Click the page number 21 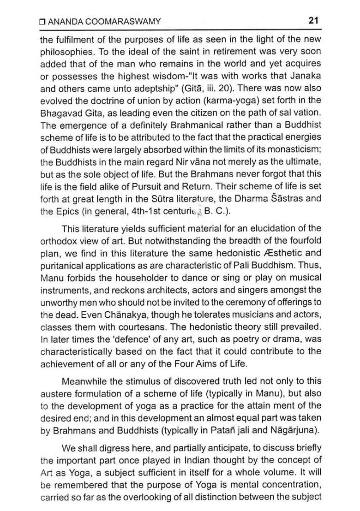[x=314, y=21]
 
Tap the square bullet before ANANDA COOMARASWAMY [x=42, y=21]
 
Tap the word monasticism [x=293, y=150]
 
